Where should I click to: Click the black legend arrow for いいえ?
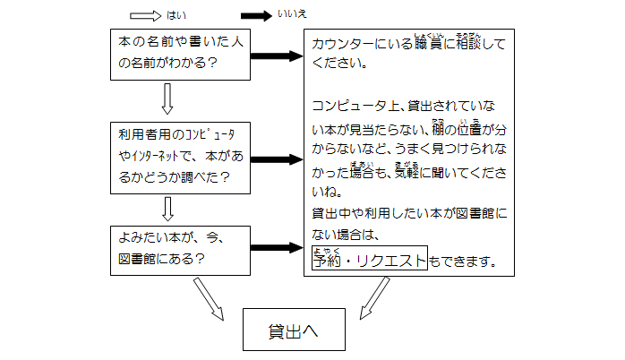pyautogui.click(x=257, y=15)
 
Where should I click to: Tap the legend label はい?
pyautogui.click(x=176, y=15)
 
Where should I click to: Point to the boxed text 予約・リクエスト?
pyautogui.click(x=369, y=259)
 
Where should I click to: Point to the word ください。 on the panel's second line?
pyautogui.click(x=338, y=64)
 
